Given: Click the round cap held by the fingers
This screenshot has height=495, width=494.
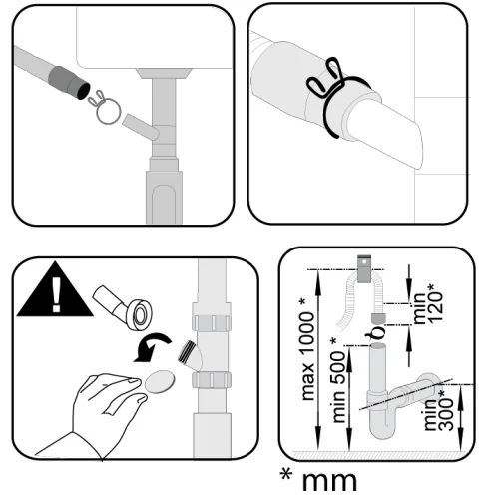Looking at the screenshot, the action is point(160,381).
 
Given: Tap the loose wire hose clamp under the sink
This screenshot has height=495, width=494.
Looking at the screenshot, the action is point(105,108).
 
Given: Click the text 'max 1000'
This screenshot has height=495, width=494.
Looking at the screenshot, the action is point(308,356).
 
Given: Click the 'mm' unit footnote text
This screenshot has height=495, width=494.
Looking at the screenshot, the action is point(329,481).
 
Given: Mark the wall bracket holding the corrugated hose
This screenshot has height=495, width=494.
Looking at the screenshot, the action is point(364,268).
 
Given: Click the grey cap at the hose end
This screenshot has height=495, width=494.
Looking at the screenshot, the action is point(378,318).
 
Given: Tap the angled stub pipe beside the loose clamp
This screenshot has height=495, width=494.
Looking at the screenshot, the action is point(141,127).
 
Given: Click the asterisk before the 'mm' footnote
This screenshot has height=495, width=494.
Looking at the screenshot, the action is point(286,474).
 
